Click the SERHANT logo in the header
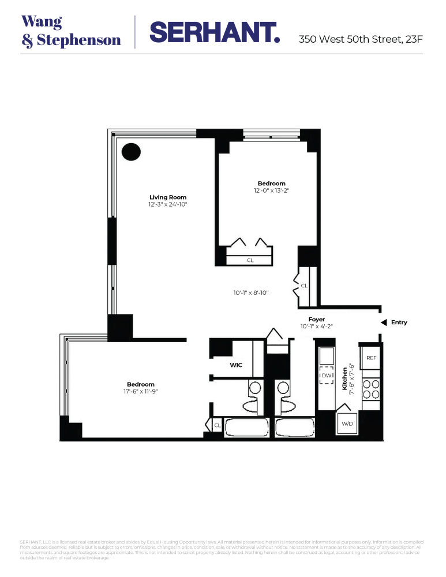pyautogui.click(x=215, y=32)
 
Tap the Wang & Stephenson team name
pyautogui.click(x=71, y=31)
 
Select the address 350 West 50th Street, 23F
pyautogui.click(x=361, y=40)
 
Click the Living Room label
pyautogui.click(x=168, y=197)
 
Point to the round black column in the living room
pyautogui.click(x=131, y=152)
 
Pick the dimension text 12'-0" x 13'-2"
pyautogui.click(x=271, y=191)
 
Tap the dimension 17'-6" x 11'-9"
pyautogui.click(x=141, y=392)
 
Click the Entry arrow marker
pyautogui.click(x=384, y=323)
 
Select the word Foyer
pyautogui.click(x=316, y=319)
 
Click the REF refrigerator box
pyautogui.click(x=371, y=358)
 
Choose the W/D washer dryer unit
pyautogui.click(x=347, y=424)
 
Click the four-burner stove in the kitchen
pyautogui.click(x=371, y=389)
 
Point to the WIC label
pyautogui.click(x=236, y=365)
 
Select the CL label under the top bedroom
pyautogui.click(x=250, y=260)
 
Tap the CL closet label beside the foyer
pyautogui.click(x=304, y=286)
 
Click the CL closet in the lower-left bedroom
pyautogui.click(x=217, y=425)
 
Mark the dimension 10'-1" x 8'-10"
pyautogui.click(x=250, y=293)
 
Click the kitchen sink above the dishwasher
pyautogui.click(x=327, y=354)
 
